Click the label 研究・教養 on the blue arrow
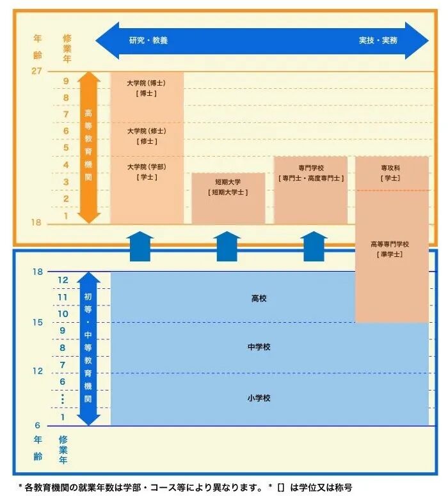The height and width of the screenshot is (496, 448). click(x=148, y=40)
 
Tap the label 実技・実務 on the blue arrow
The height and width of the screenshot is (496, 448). click(x=378, y=40)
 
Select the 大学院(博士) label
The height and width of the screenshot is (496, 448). click(x=147, y=83)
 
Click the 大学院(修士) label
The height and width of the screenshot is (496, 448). click(x=147, y=131)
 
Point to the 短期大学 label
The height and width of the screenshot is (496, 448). click(x=228, y=181)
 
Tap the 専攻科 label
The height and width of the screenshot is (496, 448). click(x=390, y=167)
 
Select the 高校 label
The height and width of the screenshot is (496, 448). click(x=259, y=298)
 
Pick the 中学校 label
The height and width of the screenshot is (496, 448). click(x=259, y=347)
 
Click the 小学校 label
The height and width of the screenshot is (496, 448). click(x=259, y=398)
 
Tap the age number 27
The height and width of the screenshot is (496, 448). click(x=36, y=70)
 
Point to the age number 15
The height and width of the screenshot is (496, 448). click(x=38, y=322)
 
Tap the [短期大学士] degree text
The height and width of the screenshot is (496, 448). click(x=228, y=192)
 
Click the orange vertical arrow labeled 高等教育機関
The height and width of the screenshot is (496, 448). click(x=89, y=147)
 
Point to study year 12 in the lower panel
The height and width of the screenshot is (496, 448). click(x=63, y=280)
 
